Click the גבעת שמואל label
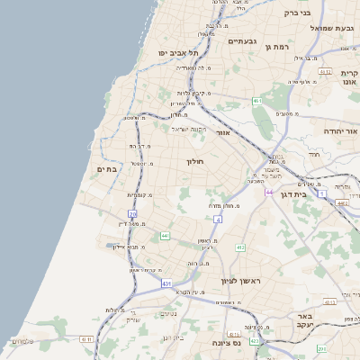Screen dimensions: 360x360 [318, 28]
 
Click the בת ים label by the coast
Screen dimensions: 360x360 [106, 168]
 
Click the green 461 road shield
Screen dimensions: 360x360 [257, 102]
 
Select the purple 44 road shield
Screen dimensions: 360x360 [268, 191]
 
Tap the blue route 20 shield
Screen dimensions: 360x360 [132, 213]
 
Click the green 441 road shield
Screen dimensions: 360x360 [166, 236]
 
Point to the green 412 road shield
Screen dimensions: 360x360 [240, 247]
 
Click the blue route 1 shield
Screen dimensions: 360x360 [321, 193]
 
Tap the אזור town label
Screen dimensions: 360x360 [224, 132]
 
